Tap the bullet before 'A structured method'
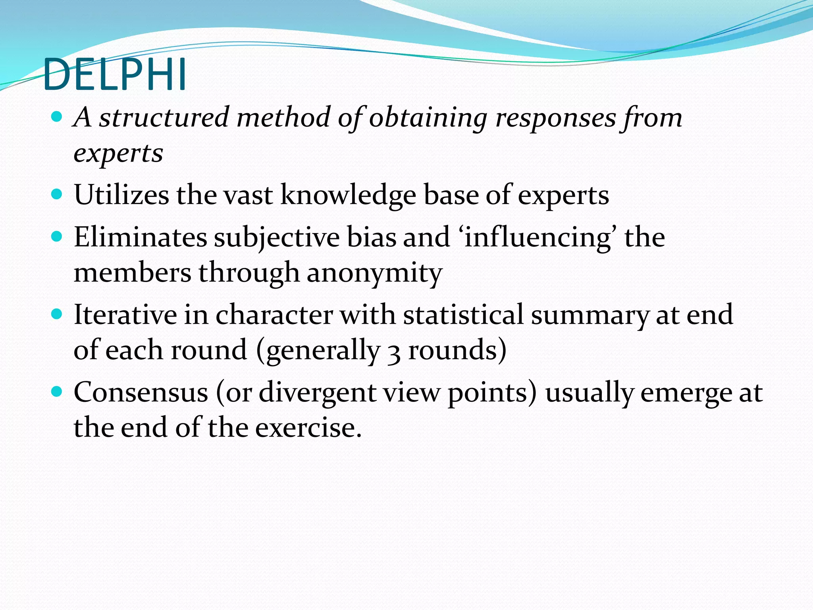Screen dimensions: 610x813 57,117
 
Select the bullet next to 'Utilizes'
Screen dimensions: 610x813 57,195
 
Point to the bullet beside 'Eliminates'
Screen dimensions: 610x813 57,237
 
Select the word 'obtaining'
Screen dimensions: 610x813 428,118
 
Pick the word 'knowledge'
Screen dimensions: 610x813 349,195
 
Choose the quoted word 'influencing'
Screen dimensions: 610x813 538,237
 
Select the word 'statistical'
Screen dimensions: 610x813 463,315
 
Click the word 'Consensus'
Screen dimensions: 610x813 141,392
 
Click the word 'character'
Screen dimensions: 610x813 274,315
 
